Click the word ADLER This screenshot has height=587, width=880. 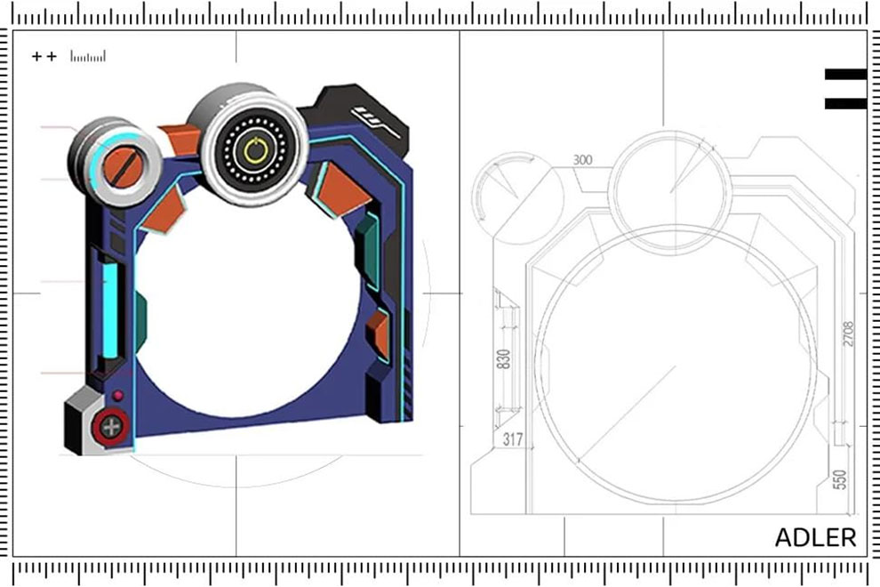(x=815, y=537)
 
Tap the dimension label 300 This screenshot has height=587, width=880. (x=582, y=160)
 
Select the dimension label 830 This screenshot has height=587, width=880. (x=504, y=359)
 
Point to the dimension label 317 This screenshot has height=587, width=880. (x=513, y=438)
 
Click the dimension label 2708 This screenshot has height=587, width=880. (x=848, y=334)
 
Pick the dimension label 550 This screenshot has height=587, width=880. (x=839, y=479)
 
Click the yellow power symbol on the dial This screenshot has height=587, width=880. (x=255, y=150)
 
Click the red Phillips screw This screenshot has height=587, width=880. (x=110, y=427)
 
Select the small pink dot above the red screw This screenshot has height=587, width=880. (x=118, y=396)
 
